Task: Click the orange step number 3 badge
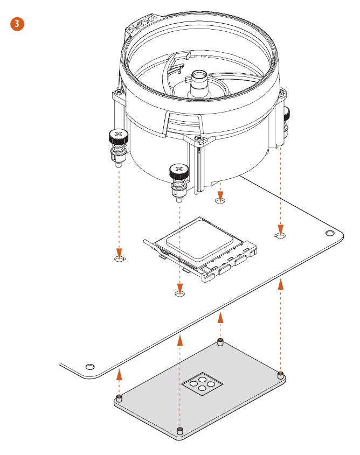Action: click(x=17, y=24)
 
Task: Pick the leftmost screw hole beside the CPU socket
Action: click(x=120, y=259)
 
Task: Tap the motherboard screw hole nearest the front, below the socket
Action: click(x=180, y=293)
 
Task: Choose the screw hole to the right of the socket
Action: click(x=280, y=236)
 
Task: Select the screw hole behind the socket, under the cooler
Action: click(x=219, y=201)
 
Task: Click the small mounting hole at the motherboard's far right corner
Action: click(x=330, y=233)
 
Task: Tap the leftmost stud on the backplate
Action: click(x=119, y=398)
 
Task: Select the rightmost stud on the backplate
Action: click(x=280, y=374)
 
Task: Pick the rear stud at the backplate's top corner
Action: click(x=219, y=341)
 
